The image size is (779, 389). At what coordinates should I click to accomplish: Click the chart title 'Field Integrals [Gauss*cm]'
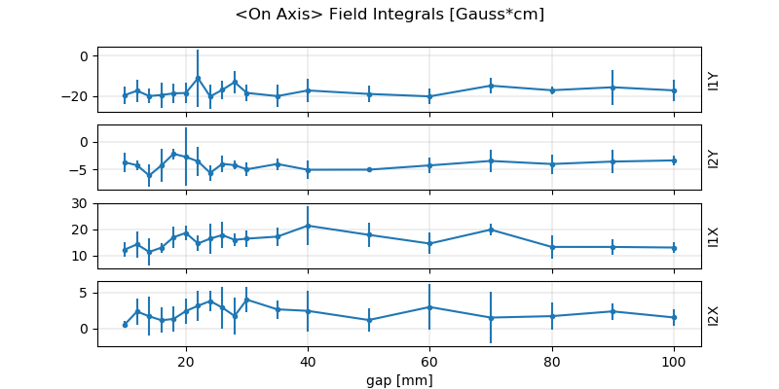click(389, 15)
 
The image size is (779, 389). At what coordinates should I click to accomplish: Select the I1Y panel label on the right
click(714, 80)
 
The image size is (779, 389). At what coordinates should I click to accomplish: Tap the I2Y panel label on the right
click(714, 158)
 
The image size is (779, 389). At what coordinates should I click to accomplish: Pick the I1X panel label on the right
click(714, 236)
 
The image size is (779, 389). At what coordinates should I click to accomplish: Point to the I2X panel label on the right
click(714, 314)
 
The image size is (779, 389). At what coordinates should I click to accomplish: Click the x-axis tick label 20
click(185, 361)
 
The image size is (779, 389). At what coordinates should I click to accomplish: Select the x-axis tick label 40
click(308, 361)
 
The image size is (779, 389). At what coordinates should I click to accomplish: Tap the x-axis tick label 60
click(429, 361)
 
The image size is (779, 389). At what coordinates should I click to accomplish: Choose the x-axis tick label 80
click(552, 361)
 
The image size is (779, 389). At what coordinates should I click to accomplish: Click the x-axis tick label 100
click(674, 361)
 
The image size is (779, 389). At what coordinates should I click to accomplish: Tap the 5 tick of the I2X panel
click(86, 292)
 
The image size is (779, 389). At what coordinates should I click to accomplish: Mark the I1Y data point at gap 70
click(491, 86)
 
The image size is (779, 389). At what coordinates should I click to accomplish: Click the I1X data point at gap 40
click(308, 226)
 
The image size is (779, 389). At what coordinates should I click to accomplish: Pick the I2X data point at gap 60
click(429, 307)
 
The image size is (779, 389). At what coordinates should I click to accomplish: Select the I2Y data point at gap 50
click(369, 169)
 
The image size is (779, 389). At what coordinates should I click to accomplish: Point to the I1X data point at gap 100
click(674, 247)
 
